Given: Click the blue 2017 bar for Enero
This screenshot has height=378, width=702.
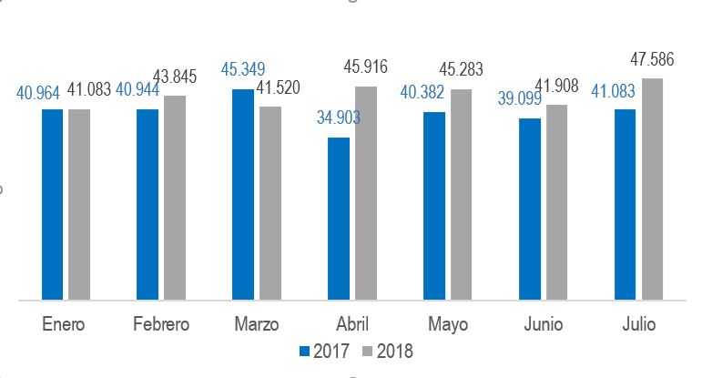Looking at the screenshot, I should coord(52,204).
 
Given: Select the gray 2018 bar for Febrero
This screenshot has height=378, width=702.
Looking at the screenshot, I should coord(175,197).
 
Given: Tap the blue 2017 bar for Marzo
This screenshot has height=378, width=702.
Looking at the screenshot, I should coord(243,194).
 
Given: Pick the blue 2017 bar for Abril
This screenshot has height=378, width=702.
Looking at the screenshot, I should coord(339,218).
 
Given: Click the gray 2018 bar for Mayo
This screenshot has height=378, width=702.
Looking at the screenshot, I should coord(462,194).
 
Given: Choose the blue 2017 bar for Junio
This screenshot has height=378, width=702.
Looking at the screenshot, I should coord(530,209).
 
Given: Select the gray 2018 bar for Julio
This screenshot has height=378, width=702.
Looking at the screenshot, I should coord(652,189).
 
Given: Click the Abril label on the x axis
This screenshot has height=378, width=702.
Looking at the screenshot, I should coord(351,325).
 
